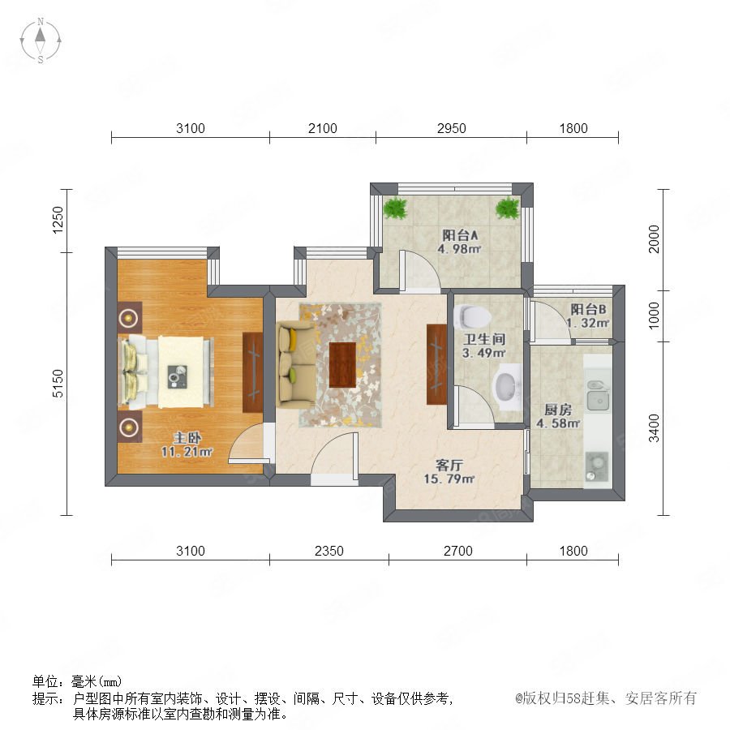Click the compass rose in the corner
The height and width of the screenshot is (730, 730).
tap(41, 41)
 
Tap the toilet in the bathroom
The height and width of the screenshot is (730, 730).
tap(472, 316)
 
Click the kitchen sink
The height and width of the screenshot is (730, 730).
tap(599, 396)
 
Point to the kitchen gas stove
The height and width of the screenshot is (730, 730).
tap(596, 466)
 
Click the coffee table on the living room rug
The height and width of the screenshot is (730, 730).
tap(342, 364)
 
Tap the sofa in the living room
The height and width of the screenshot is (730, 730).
tap(296, 364)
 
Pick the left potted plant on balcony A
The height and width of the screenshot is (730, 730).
tap(395, 208)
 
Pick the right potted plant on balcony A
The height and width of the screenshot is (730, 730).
tap(508, 208)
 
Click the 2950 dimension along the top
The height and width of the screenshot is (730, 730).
tap(451, 128)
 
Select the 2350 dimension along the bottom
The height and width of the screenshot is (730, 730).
tap(329, 551)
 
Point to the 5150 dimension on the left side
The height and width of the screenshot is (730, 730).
tap(58, 383)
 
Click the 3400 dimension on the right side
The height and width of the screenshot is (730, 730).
tap(654, 427)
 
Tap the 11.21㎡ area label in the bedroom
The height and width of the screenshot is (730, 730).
tap(187, 451)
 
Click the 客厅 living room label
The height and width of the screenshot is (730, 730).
tap(449, 465)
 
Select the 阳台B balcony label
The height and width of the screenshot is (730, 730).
tap(589, 309)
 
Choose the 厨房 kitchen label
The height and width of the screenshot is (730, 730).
tap(558, 410)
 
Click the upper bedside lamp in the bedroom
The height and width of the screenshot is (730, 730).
tap(128, 319)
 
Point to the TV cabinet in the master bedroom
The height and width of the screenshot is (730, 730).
tap(253, 372)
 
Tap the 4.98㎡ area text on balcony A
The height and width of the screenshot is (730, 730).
tap(459, 249)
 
